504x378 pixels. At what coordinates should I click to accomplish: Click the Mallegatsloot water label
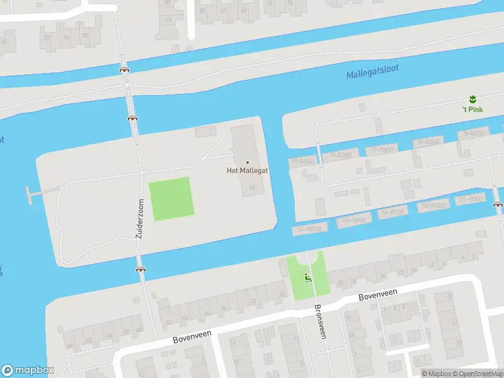(372, 72)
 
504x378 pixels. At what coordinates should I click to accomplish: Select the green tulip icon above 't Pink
(471, 98)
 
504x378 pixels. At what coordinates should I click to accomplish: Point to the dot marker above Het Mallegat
(247, 162)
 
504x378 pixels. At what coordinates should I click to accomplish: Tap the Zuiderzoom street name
(140, 219)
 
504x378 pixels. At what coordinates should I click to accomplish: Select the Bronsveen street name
(319, 322)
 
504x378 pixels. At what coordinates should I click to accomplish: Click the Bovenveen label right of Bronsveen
(377, 294)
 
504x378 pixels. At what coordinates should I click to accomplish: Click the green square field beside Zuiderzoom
(171, 198)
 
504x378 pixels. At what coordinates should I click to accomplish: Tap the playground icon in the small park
(308, 277)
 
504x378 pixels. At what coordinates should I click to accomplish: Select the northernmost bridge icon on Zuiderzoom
(124, 69)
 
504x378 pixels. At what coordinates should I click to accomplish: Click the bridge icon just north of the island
(132, 117)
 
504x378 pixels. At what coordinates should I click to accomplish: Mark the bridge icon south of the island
(140, 269)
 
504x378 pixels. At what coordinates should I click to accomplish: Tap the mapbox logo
(28, 370)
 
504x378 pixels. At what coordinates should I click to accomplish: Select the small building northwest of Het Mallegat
(205, 131)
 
